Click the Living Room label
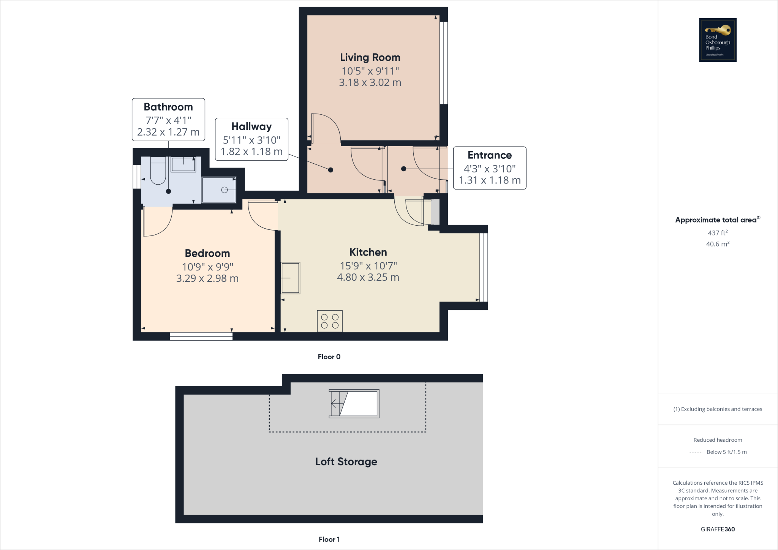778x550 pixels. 370,57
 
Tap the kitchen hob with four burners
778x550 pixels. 330,321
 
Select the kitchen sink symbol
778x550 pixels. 290,278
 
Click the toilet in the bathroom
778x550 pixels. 158,171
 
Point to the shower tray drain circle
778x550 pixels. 224,190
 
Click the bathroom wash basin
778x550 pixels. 183,164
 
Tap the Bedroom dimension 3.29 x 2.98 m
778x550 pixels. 207,278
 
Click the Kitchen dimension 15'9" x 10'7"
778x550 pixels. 368,266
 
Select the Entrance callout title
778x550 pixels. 489,155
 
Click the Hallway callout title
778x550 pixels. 251,126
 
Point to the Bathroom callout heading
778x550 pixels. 168,107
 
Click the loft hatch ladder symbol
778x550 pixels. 354,403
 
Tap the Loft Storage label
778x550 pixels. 346,461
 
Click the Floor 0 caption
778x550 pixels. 329,357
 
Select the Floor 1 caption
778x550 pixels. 329,539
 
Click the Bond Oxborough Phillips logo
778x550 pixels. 718,40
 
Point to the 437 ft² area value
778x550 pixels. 717,233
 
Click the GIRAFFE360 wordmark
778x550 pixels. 718,529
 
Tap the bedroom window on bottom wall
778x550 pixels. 201,336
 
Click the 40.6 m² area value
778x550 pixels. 717,244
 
